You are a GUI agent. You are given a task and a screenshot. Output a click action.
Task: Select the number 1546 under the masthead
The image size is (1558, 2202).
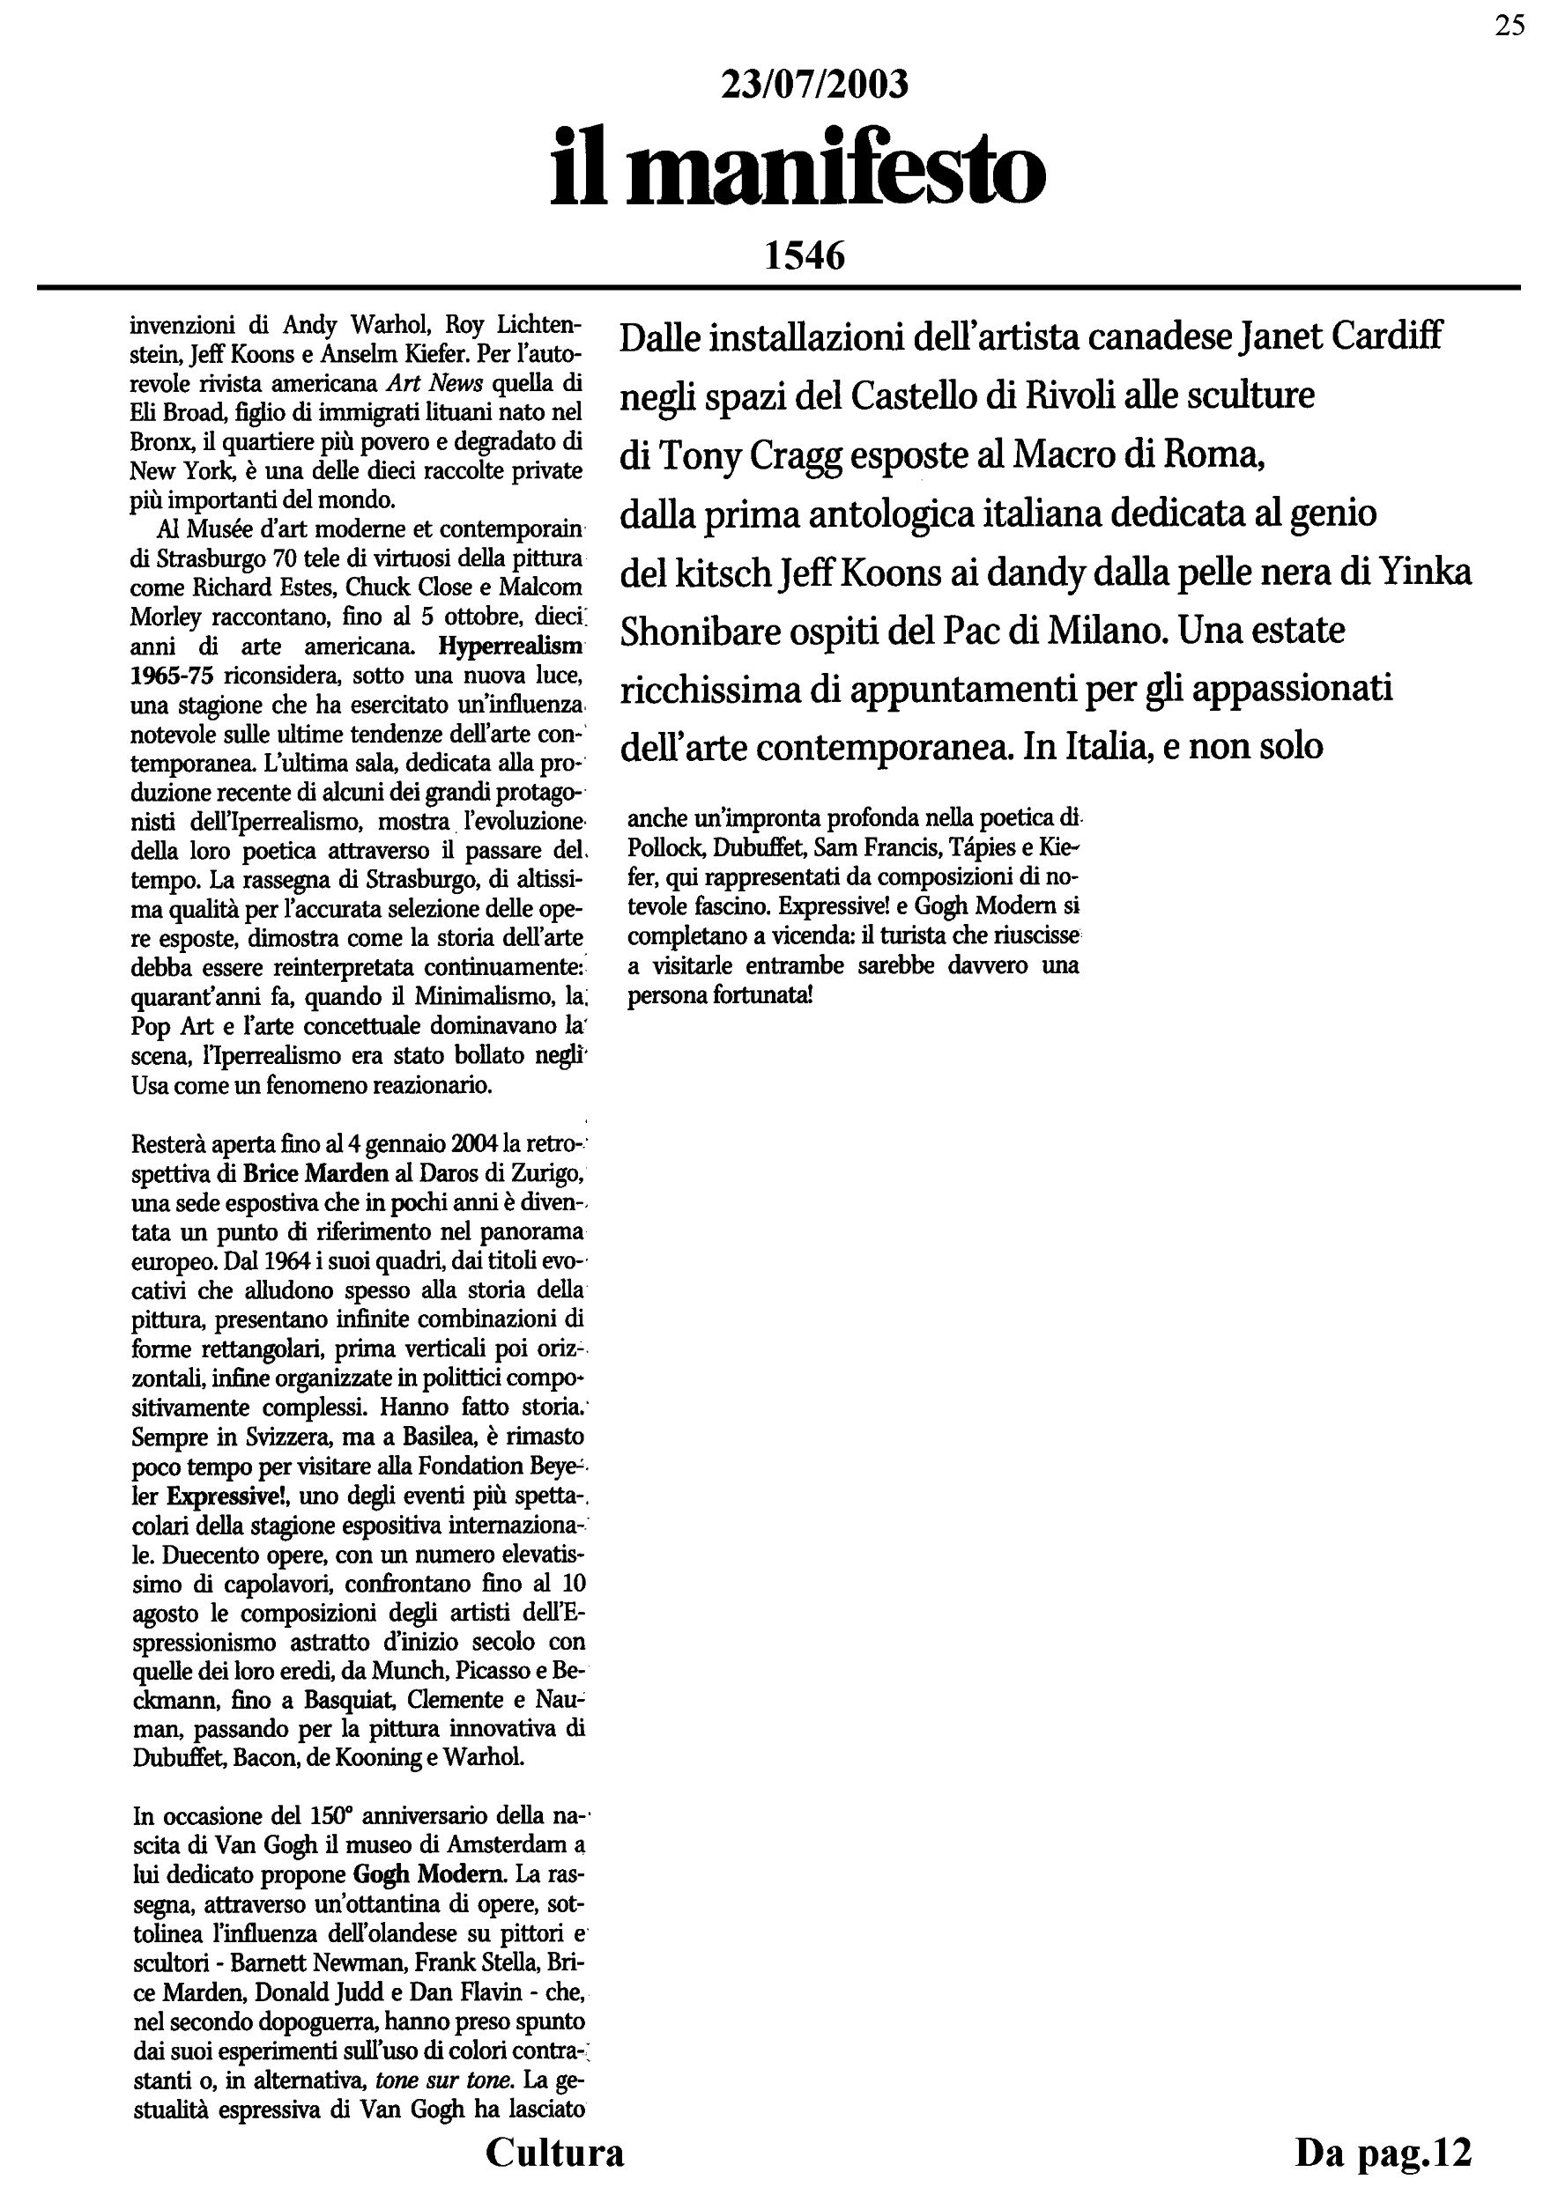click(x=804, y=256)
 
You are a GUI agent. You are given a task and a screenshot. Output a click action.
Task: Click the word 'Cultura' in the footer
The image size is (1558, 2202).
click(x=554, y=2151)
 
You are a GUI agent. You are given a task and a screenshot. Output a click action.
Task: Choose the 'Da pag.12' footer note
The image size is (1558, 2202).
click(x=1383, y=2151)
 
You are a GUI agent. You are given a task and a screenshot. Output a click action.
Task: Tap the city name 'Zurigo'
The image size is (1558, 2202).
click(x=544, y=1173)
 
